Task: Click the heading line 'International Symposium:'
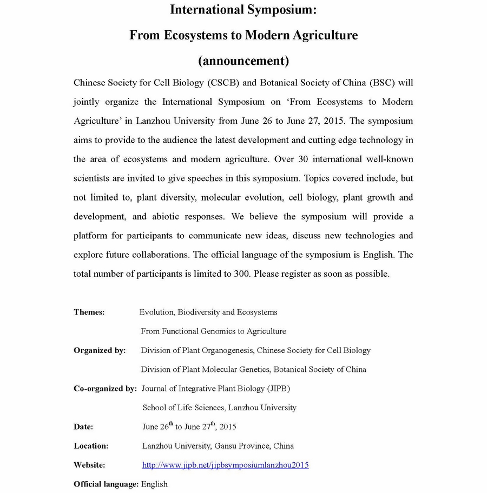coord(243,9)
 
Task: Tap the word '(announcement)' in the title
coord(243,61)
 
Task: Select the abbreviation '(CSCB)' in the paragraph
coord(222,83)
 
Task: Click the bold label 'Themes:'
coord(89,312)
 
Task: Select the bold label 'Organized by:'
coord(100,350)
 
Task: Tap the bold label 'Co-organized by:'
coord(105,388)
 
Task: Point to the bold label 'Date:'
coord(83,427)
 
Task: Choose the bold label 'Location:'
coord(91,446)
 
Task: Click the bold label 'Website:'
coord(89,465)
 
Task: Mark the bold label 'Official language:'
coord(106,484)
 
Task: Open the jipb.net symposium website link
coord(225,465)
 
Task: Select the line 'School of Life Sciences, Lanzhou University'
coord(219,408)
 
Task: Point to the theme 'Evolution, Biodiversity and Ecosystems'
coord(208,312)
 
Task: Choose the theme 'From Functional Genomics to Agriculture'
coord(213,331)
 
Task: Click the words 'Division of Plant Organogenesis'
coord(197,350)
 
